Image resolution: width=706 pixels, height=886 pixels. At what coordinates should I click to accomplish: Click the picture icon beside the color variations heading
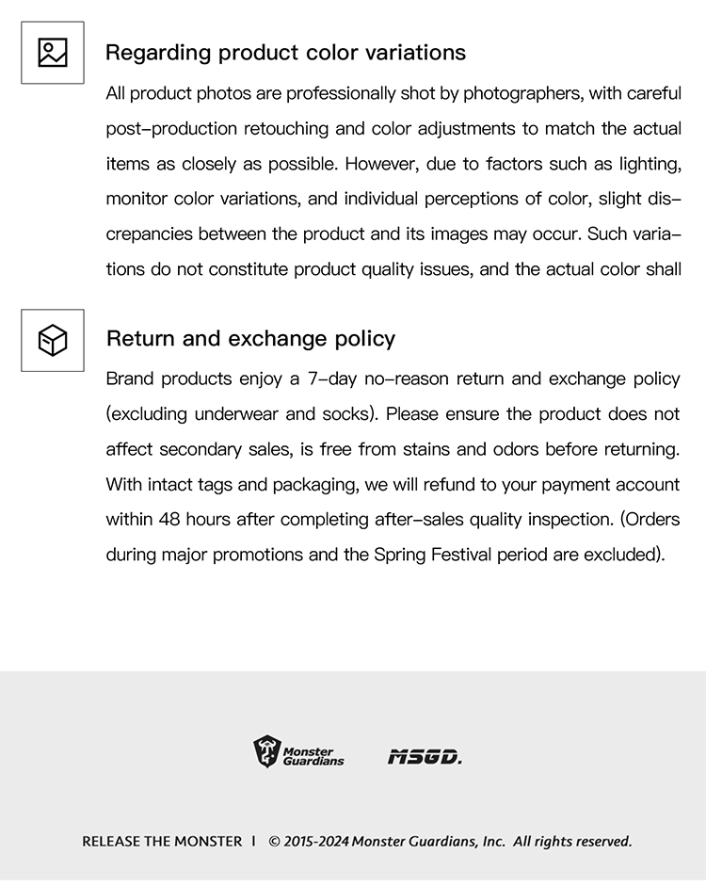(53, 53)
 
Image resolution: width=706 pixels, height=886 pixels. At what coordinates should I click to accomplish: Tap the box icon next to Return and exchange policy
(53, 340)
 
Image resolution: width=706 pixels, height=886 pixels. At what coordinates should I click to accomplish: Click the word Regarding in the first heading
(158, 53)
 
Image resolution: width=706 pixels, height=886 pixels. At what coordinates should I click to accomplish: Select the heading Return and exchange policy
(250, 339)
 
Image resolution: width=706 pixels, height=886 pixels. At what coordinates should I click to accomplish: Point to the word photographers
(521, 94)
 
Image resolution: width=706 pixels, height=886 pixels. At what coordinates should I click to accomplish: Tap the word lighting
(649, 164)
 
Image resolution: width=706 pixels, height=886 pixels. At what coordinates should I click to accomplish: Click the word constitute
(244, 270)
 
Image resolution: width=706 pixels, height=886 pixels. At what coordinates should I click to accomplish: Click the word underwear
(235, 414)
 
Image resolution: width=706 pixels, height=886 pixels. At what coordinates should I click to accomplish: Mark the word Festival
(461, 555)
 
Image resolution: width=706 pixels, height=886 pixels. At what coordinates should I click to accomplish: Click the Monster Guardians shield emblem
(267, 752)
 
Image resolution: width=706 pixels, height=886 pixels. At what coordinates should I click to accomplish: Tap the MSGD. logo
(425, 756)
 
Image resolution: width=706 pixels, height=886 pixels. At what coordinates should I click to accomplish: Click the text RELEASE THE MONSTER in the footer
(162, 841)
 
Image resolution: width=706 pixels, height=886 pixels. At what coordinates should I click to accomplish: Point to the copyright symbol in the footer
(275, 841)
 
